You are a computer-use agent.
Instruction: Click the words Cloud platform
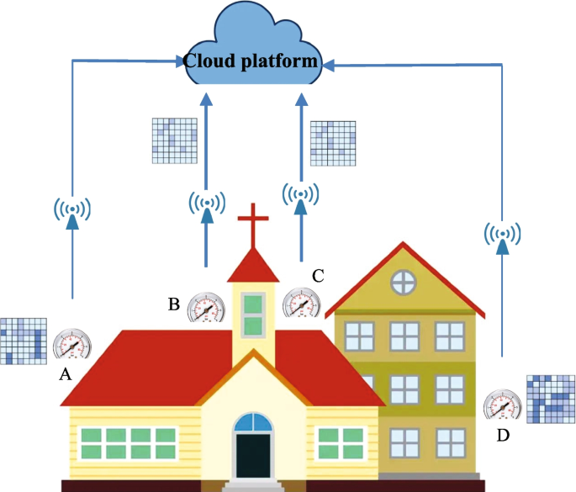coord(251,61)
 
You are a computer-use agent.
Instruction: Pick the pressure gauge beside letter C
coord(301,303)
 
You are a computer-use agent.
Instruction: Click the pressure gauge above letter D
coord(504,405)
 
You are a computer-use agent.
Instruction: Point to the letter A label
coord(64,375)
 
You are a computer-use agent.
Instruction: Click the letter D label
coord(504,436)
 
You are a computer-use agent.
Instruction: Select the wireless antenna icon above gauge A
coord(72,210)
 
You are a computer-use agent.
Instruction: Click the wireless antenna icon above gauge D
coord(503,234)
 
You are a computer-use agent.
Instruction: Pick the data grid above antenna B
coord(173,140)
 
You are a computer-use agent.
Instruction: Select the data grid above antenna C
coord(332,142)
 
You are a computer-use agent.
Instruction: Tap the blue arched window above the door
coord(252,422)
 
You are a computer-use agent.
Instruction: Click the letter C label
coord(317,274)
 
